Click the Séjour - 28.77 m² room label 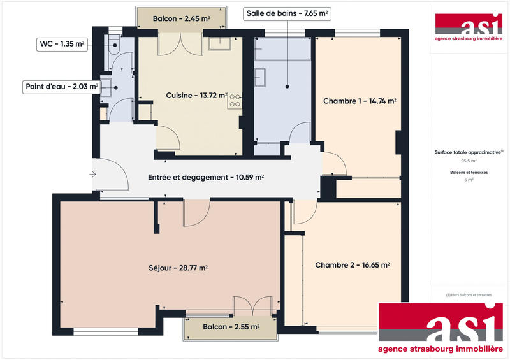(173, 268)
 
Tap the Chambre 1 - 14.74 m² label (360, 101)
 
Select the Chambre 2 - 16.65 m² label (353, 264)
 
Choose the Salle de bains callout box (288, 13)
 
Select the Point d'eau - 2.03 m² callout (61, 86)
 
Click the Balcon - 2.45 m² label (181, 19)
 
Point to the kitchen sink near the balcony (221, 43)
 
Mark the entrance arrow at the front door (94, 173)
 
